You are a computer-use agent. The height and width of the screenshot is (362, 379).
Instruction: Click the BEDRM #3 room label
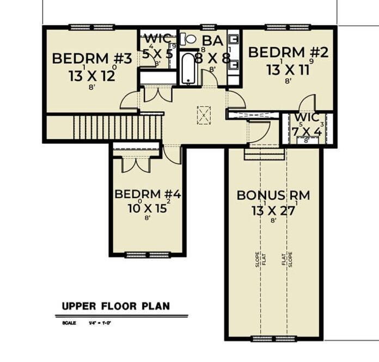point(92,59)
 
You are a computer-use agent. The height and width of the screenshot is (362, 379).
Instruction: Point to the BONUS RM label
point(273,195)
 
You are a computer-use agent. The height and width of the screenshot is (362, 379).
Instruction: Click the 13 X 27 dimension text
point(273,210)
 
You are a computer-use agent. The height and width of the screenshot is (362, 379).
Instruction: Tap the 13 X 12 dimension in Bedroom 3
point(92,75)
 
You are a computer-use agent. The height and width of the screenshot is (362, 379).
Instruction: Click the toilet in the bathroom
point(188,39)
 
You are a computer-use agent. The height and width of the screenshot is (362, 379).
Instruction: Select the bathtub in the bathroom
point(187,69)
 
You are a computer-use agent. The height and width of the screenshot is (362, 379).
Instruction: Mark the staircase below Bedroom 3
point(118,127)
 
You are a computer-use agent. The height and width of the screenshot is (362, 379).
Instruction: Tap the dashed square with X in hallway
point(204,115)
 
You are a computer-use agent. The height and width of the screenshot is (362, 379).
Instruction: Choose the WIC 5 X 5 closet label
point(157,46)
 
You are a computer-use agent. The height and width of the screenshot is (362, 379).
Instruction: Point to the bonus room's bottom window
point(272,339)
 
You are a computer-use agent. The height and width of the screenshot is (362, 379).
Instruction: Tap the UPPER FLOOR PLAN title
point(115,306)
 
